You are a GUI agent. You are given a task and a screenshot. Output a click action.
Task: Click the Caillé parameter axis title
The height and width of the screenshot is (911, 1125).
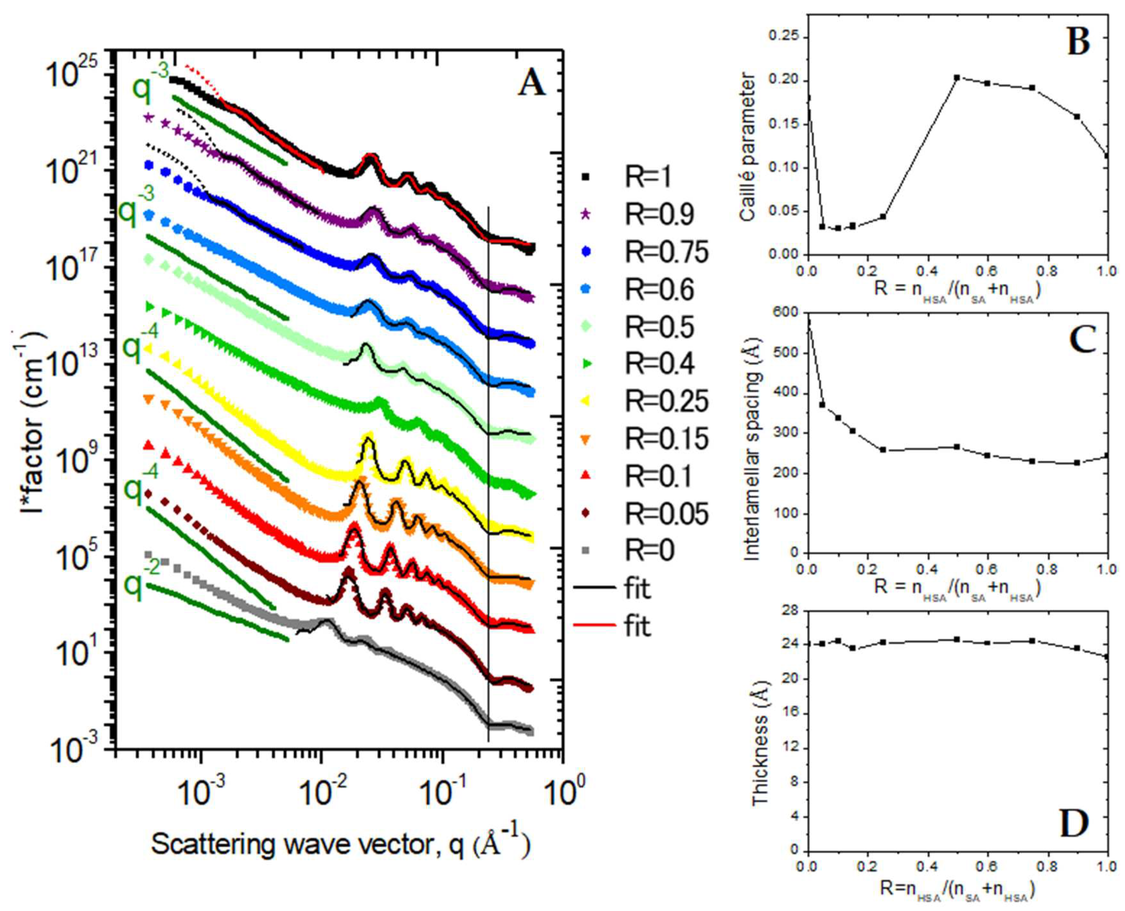pos(747,147)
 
